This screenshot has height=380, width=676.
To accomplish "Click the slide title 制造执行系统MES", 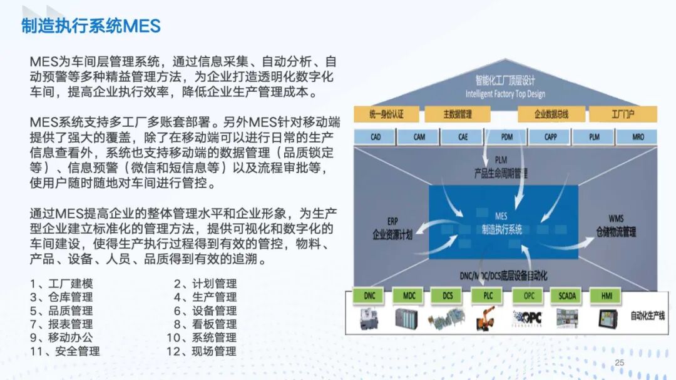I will click(x=91, y=26).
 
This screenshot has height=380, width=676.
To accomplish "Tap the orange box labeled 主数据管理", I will click(x=458, y=114).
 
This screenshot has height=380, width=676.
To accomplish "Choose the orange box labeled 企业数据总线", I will click(x=551, y=114).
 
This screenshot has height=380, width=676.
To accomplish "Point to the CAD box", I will click(x=375, y=137).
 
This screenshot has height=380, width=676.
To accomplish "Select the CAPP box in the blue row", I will click(x=550, y=137).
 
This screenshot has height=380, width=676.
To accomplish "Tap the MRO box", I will click(x=638, y=137).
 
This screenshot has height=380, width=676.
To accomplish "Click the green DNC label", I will click(x=369, y=296).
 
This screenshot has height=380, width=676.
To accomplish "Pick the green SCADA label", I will click(x=567, y=296).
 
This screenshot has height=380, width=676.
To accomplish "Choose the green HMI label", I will click(x=605, y=296).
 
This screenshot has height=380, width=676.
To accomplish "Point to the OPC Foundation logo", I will click(x=526, y=318).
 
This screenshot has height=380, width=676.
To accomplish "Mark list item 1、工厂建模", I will click(x=61, y=284).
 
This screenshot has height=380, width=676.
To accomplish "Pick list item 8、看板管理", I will click(x=205, y=324).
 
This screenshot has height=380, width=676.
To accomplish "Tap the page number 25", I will click(x=620, y=363).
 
